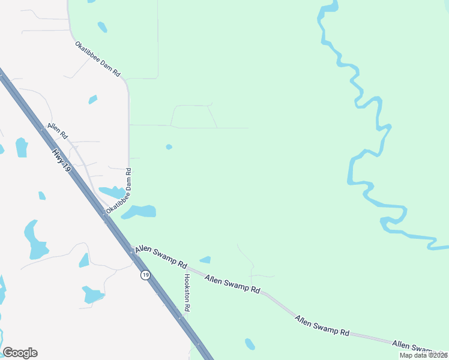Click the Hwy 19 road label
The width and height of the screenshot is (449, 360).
coord(62,162)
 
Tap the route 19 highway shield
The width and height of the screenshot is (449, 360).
coord(145,275)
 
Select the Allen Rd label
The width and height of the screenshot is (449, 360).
coord(57,133)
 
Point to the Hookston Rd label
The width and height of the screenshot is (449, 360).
coord(187,292)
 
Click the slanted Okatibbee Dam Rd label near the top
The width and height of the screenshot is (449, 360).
coord(98,58)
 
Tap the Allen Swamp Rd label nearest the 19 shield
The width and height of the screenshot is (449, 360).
coord(161,256)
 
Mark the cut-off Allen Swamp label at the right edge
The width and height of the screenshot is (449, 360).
coord(420,347)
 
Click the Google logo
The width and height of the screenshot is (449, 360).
coord(20,353)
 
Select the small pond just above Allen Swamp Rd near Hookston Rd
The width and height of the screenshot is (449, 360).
coord(205,260)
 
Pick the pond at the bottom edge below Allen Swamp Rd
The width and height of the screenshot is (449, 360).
coord(250,344)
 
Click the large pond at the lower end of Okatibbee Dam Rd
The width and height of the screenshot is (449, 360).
coord(140,211)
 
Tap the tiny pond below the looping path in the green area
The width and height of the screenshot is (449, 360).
coord(169,147)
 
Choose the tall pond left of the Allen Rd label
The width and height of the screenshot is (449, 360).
coord(22,147)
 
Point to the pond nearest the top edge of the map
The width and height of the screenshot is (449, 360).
coord(102,27)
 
